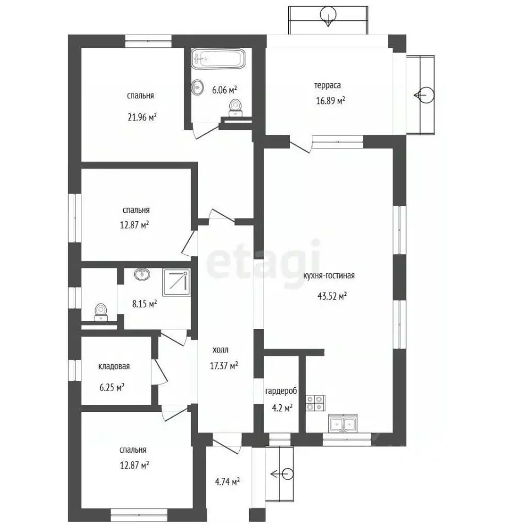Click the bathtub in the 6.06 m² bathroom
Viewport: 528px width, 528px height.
click(x=218, y=59)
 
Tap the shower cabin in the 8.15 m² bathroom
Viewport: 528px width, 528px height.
click(x=177, y=282)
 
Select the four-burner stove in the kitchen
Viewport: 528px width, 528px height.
click(x=316, y=403)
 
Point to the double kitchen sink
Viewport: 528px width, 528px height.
click(x=343, y=423)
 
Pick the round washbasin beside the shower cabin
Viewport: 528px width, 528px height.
click(x=142, y=274)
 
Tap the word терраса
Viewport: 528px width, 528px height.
click(x=327, y=86)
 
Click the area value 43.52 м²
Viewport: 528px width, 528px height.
click(x=332, y=296)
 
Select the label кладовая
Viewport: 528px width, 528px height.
click(x=114, y=366)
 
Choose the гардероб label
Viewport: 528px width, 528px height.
click(x=281, y=391)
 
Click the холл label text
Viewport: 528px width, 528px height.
click(x=221, y=350)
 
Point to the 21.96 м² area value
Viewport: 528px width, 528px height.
click(x=142, y=118)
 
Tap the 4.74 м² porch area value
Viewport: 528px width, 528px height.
click(x=227, y=482)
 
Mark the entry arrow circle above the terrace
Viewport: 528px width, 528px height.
click(x=328, y=14)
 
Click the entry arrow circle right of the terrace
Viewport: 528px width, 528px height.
click(x=426, y=95)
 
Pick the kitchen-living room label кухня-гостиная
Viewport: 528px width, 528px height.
click(x=329, y=276)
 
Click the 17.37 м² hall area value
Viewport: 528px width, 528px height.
click(x=224, y=366)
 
